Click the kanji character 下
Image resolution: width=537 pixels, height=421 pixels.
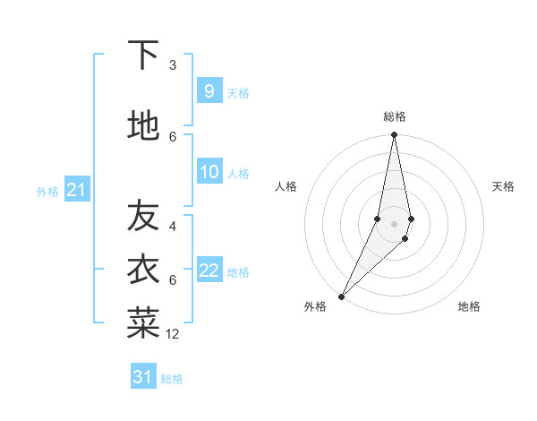point(143,56)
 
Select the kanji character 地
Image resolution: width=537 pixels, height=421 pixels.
point(143,126)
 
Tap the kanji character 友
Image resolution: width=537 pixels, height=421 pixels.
point(143,215)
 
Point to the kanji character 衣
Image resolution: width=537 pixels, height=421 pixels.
point(143,269)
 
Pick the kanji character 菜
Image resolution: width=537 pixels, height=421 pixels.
point(143,322)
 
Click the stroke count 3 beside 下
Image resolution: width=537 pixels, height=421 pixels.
point(173,65)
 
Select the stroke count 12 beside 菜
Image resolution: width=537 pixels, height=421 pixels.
point(173,334)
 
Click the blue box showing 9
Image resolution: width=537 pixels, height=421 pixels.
point(209,90)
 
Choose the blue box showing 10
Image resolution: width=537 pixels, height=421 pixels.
point(209,171)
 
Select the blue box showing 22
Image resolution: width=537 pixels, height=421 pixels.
point(209,270)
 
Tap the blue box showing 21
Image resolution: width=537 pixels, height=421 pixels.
point(76,189)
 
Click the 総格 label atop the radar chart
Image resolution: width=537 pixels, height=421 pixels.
point(395,116)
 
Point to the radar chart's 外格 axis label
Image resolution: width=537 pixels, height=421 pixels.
point(315,306)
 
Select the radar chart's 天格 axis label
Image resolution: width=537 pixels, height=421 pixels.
point(503,186)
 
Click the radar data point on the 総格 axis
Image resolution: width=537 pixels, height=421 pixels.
point(394,135)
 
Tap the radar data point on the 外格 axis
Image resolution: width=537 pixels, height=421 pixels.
point(341,296)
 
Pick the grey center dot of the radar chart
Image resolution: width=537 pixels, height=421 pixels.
point(394,223)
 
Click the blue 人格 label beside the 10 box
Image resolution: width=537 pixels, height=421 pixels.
point(238,173)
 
